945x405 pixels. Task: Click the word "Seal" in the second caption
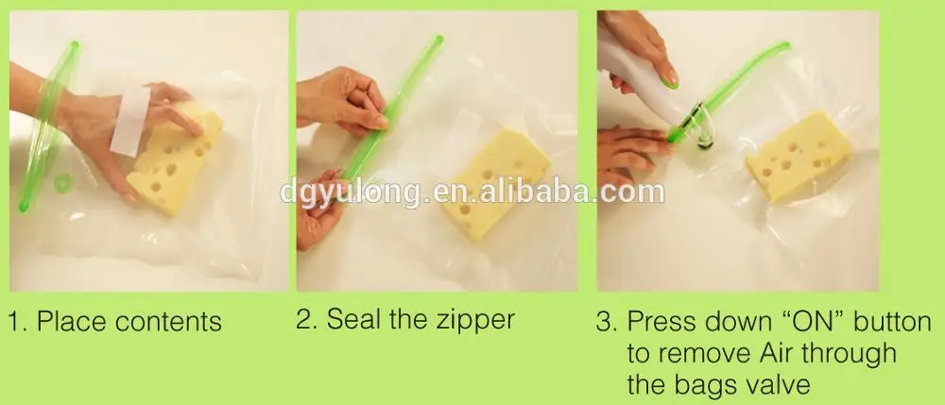point(354,319)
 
